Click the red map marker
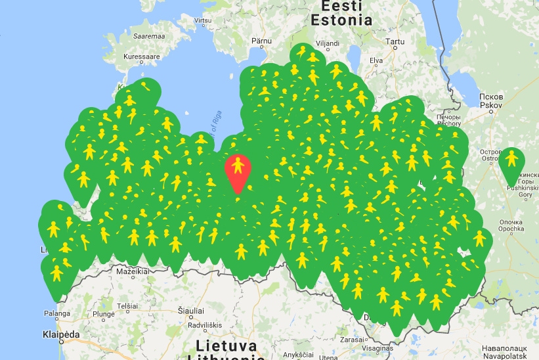coord(238,169)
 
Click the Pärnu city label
coord(261,41)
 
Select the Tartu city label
coord(395,41)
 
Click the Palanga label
coord(56,313)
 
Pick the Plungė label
coord(104,314)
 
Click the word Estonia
coord(341,20)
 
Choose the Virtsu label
coord(204,20)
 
